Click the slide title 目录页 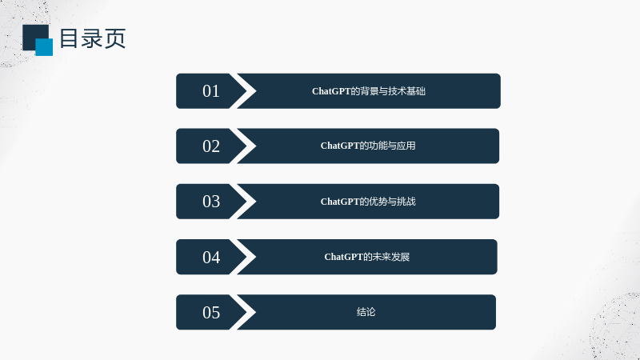coord(93,38)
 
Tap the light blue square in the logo coord(44,47)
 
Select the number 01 coord(211,91)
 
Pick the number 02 coord(211,146)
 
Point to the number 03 coord(211,202)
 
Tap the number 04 coord(211,257)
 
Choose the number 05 coord(211,312)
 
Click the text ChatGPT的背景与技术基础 coord(369,91)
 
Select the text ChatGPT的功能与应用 coord(368,146)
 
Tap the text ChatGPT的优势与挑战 coord(368,202)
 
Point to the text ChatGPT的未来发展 coord(367,257)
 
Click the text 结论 coord(366,312)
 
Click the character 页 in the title coord(115,38)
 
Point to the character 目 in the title coord(69,38)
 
